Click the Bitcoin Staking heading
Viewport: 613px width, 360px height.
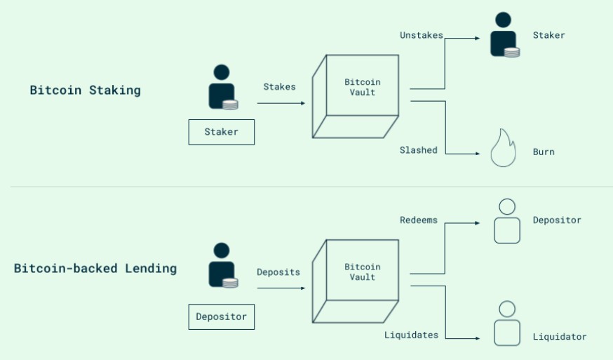85,91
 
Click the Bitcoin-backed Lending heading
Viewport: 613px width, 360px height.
95,269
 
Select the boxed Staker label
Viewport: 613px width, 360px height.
221,132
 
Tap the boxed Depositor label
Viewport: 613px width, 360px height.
221,316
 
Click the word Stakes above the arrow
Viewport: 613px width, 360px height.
279,87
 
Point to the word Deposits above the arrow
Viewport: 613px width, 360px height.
278,272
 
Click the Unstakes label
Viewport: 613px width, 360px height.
421,35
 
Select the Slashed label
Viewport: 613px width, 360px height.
418,150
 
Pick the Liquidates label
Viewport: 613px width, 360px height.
411,335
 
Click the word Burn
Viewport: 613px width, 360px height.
544,152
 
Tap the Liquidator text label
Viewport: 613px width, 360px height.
559,337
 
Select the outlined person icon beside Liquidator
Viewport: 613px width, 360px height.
506,324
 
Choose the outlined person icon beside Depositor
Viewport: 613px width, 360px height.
506,221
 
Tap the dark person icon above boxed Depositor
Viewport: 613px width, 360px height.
222,265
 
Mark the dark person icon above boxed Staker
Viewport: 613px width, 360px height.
222,87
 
